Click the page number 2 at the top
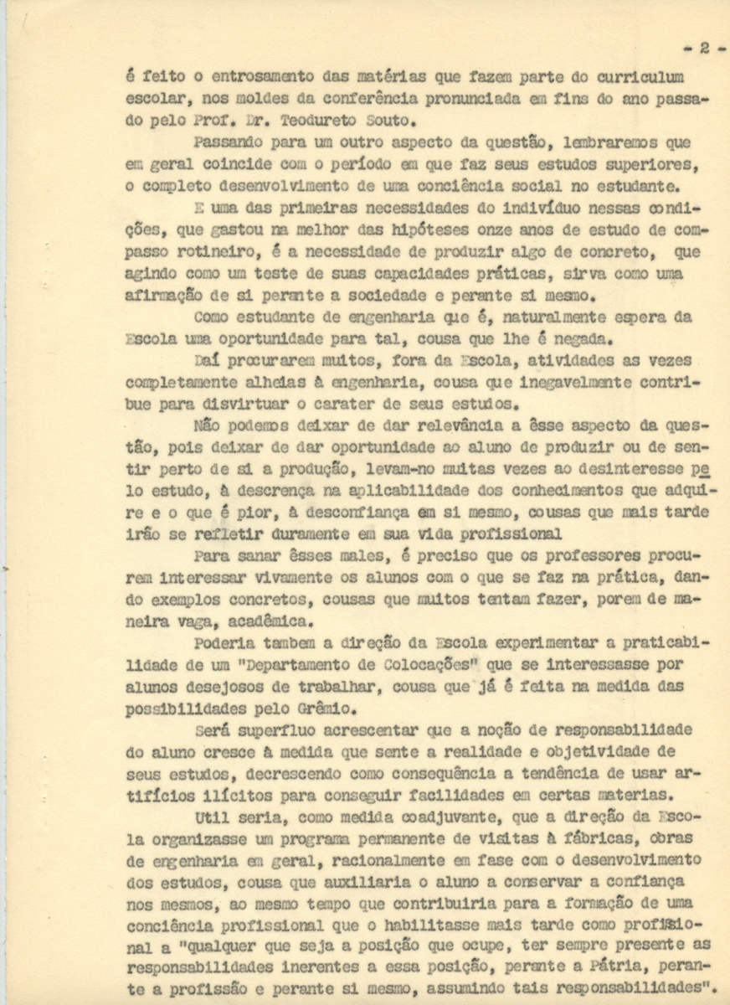704,49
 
